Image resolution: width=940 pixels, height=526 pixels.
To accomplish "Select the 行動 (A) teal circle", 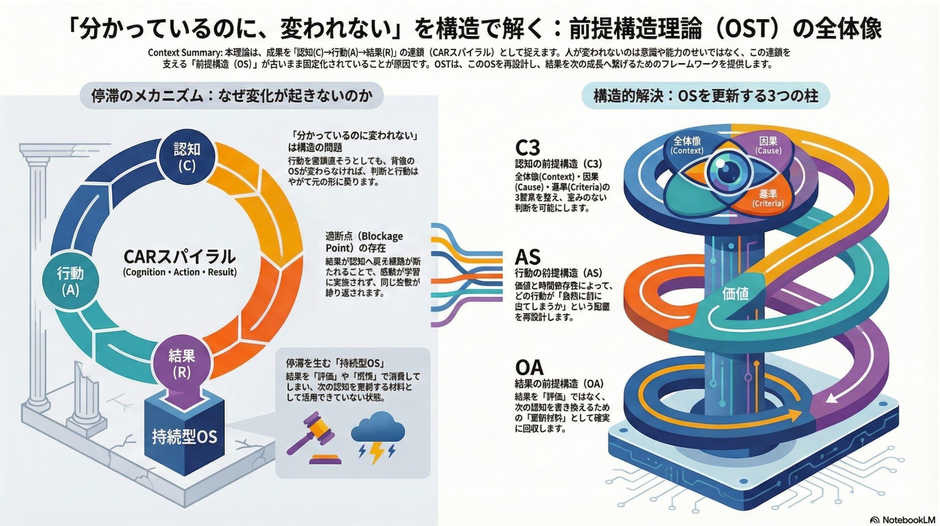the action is tap(70, 282).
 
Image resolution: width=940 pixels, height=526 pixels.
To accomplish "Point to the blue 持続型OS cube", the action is tap(184, 436).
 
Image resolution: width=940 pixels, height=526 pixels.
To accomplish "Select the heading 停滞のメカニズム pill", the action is tap(232, 96).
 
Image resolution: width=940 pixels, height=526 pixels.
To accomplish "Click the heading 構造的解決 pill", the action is tap(706, 96).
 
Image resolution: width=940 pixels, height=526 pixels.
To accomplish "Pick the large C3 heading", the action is tap(527, 148).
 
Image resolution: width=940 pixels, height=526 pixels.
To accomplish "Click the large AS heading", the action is tap(527, 257).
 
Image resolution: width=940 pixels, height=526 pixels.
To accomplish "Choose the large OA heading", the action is tap(529, 368).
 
